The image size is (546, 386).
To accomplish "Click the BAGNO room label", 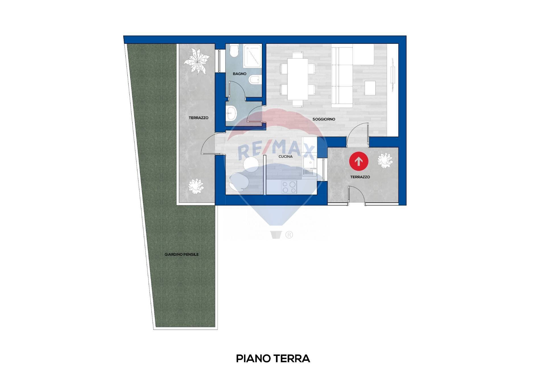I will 239,74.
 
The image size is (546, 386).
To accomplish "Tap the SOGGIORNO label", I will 324,119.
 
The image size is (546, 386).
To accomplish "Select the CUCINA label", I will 286,157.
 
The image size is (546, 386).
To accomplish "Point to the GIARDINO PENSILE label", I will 181,255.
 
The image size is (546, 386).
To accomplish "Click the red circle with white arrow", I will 359,161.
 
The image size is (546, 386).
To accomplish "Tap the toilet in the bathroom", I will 234,51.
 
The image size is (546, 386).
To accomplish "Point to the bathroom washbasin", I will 231,114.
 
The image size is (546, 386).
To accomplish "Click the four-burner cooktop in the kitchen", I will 289,187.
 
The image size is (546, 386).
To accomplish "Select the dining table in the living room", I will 297,79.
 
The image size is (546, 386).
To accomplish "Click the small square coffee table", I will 370,88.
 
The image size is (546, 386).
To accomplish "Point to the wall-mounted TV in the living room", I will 393,75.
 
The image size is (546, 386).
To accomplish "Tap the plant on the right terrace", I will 385,161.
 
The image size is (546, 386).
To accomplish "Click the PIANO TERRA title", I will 273,359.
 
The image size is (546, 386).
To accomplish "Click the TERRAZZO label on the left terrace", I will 198,118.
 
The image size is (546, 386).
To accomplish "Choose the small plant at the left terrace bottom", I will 196,186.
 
